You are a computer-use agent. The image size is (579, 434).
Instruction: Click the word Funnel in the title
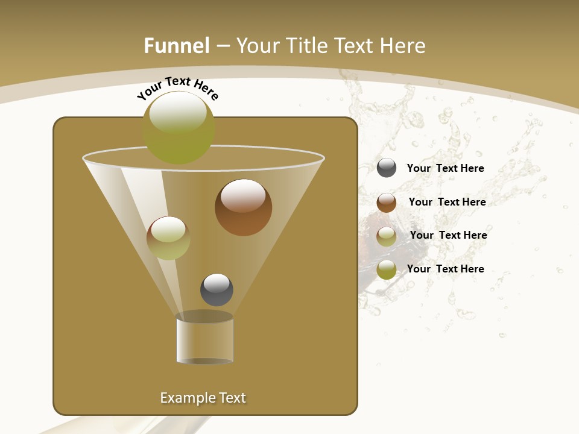176,46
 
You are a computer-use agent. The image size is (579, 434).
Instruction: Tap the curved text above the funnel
177,88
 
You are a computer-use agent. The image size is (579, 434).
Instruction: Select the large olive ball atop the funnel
179,127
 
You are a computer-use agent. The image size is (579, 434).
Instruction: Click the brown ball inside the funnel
243,207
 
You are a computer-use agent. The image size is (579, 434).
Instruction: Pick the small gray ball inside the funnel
217,289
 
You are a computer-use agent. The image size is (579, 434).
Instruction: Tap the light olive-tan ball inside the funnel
168,237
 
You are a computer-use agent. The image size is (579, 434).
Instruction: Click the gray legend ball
387,168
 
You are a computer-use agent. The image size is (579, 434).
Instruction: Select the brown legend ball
387,202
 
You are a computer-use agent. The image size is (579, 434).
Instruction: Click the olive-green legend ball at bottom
387,269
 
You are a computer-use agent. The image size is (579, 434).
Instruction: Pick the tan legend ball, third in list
387,236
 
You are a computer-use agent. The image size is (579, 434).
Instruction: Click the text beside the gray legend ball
445,168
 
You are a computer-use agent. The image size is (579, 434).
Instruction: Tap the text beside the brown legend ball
447,202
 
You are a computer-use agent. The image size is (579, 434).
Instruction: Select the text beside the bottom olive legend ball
445,269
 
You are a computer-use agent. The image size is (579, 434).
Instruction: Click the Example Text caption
203,398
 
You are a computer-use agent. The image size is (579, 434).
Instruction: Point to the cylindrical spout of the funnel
204,339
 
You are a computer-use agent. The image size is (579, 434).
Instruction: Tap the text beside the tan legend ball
448,235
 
